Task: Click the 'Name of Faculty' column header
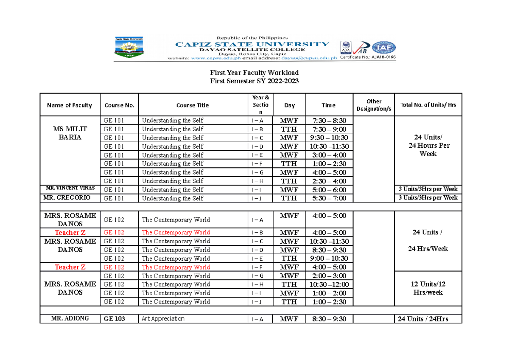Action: tap(69, 105)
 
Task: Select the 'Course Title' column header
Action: tap(193, 105)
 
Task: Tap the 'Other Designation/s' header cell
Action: tap(374, 105)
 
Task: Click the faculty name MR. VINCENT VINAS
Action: tap(70, 188)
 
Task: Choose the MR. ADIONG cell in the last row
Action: tap(70, 318)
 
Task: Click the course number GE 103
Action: tap(114, 318)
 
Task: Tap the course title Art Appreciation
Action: tap(163, 319)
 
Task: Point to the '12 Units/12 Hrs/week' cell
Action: tap(428, 288)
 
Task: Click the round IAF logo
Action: tap(384, 48)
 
